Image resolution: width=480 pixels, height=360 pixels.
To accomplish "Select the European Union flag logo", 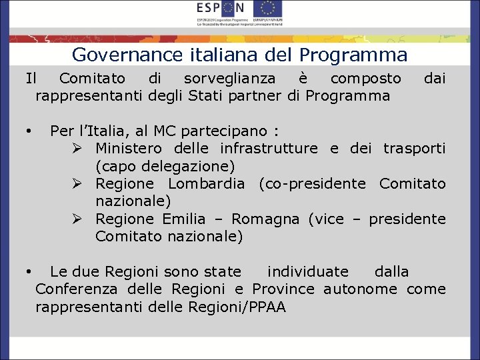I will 267,9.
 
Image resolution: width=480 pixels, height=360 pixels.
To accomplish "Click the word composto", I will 366,79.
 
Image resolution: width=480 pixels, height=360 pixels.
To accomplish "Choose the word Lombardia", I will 206,183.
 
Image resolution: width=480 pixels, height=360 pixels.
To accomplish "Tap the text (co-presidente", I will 311,183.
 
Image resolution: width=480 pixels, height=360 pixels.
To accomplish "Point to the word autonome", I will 360,289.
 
